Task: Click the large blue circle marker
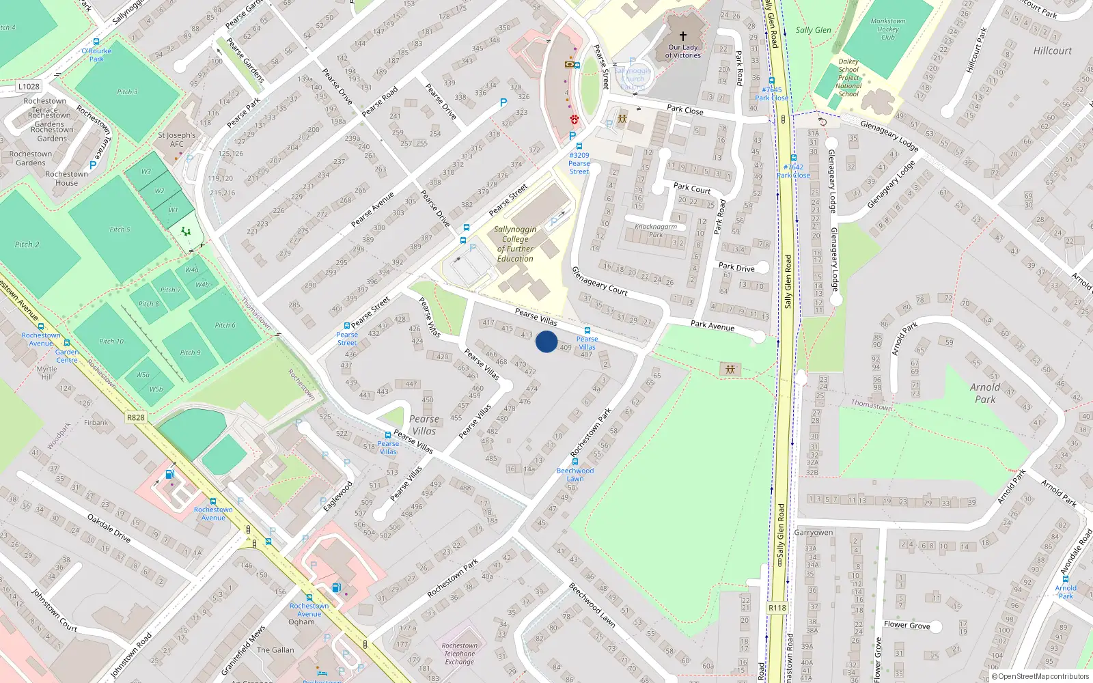(546, 341)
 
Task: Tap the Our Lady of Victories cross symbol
(682, 36)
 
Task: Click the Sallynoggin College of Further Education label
(515, 244)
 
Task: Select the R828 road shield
(136, 417)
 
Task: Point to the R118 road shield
(777, 608)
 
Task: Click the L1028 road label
(29, 87)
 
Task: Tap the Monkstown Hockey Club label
(887, 29)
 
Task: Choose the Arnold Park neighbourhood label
(985, 393)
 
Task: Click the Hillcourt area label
(1052, 51)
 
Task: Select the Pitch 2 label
(27, 245)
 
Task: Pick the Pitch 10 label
(111, 341)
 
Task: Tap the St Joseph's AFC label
(176, 139)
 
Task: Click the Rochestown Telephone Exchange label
(459, 654)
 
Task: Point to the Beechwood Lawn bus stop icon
(575, 462)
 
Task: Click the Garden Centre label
(67, 356)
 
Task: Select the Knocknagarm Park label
(656, 230)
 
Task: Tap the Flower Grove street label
(907, 625)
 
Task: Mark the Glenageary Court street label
(599, 281)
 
